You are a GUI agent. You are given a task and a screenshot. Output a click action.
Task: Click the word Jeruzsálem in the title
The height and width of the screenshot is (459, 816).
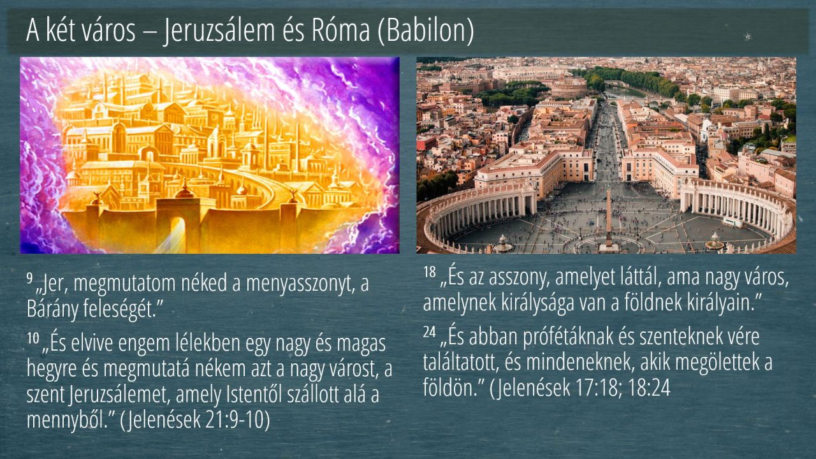pos(219,31)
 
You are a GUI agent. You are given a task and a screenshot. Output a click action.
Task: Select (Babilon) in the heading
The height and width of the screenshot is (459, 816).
pos(426,31)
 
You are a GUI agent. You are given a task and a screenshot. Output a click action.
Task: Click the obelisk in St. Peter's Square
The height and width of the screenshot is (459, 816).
pos(608,219)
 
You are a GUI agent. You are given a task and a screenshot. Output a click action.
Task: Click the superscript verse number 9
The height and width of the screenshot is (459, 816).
pos(29,278)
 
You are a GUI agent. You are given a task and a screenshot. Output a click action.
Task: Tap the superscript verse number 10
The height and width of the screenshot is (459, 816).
pos(33,338)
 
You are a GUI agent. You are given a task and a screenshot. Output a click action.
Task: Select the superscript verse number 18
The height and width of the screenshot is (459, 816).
pos(430,272)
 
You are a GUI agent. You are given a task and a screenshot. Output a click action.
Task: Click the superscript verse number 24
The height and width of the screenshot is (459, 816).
pos(430,331)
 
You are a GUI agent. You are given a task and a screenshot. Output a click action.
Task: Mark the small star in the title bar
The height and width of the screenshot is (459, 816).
pos(748,36)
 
